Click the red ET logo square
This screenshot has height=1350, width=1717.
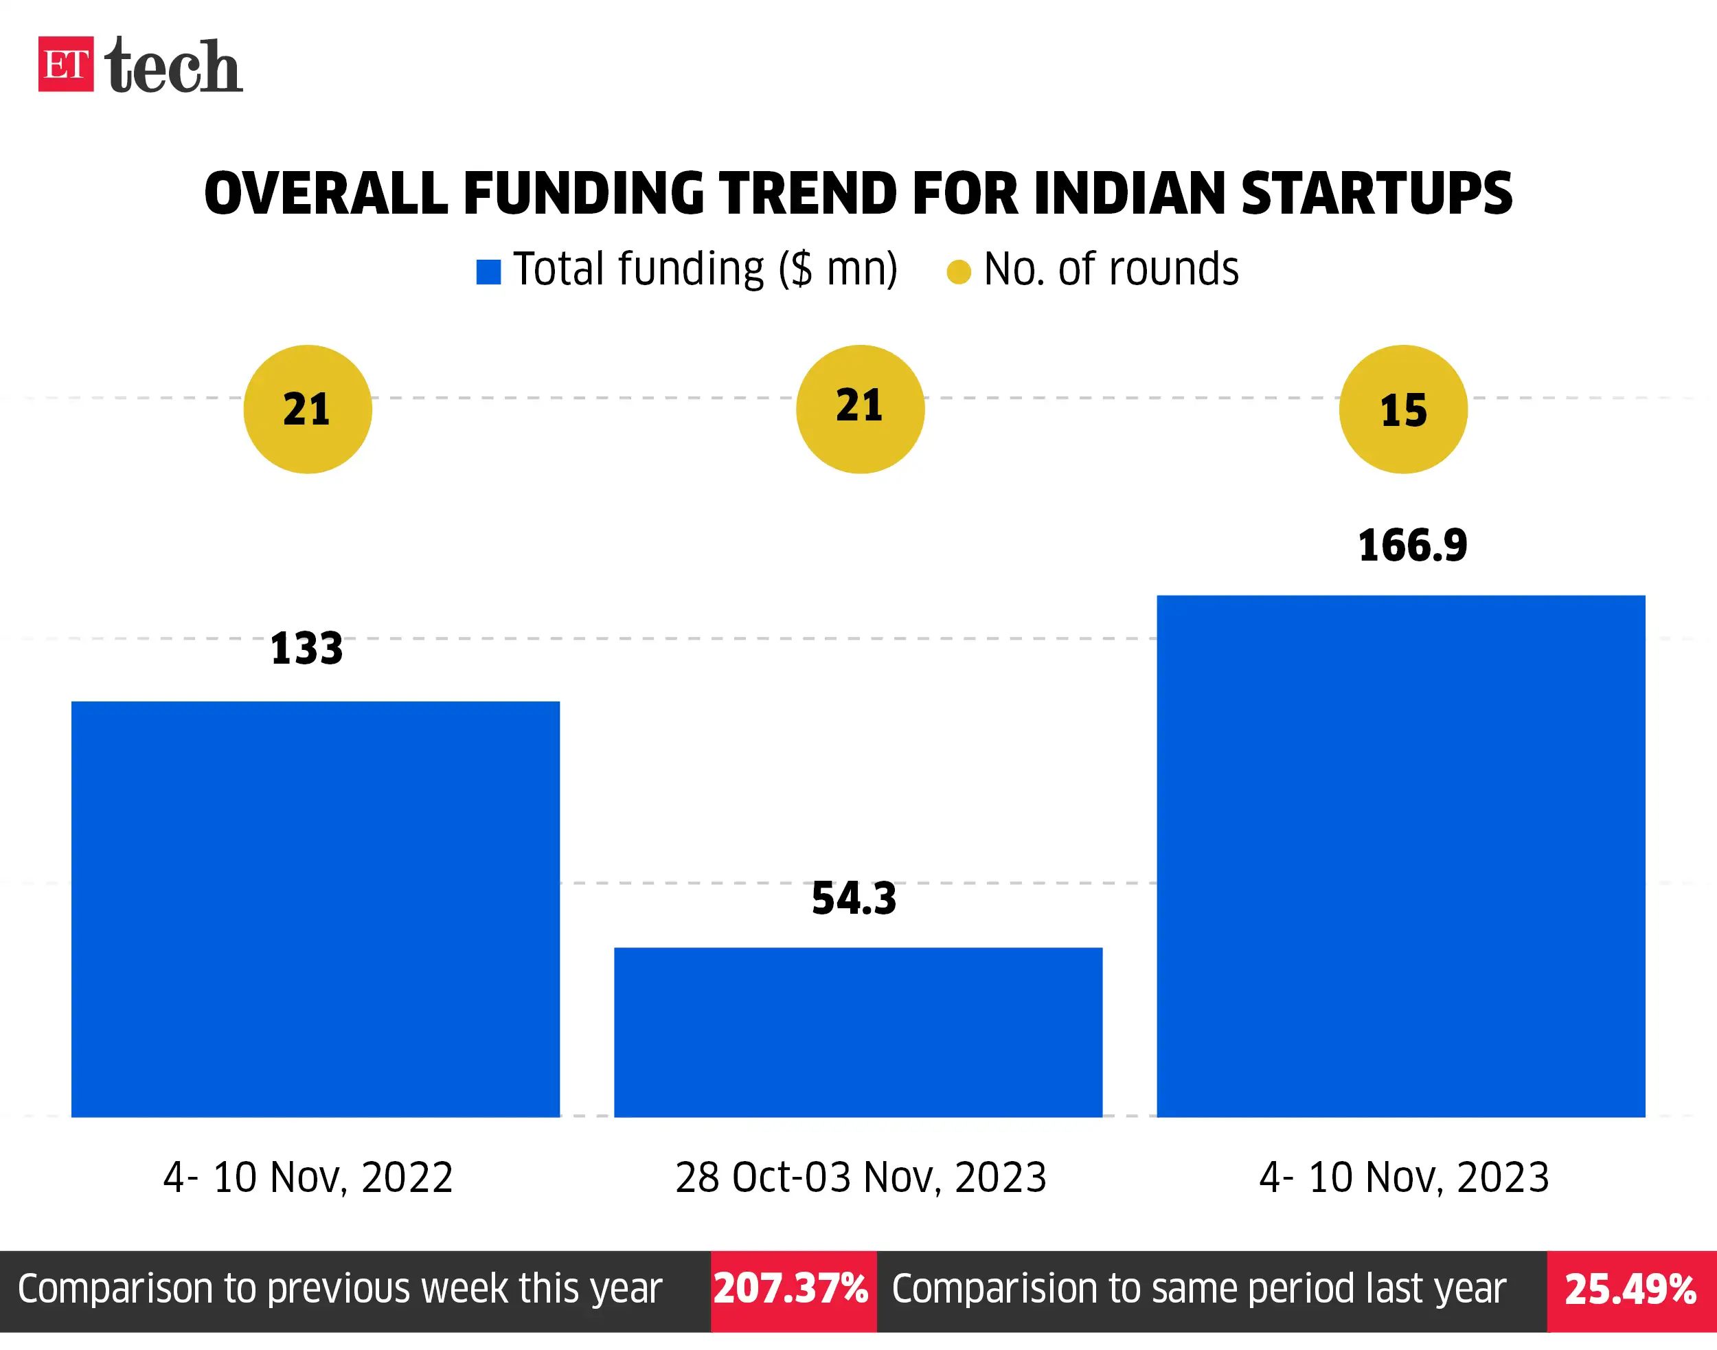[65, 64]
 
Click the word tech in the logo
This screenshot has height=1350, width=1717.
[173, 67]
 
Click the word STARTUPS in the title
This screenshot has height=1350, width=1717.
[1376, 194]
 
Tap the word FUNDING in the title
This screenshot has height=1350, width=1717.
[583, 194]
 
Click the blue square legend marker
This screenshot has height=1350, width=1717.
[488, 272]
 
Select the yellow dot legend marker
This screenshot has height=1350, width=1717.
[959, 272]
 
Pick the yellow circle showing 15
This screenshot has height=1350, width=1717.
[1402, 409]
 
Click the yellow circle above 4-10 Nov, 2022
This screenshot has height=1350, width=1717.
[308, 409]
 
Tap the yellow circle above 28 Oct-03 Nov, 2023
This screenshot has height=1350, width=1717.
[860, 409]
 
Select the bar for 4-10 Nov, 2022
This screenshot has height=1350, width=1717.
[315, 909]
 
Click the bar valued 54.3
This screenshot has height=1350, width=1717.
[858, 1031]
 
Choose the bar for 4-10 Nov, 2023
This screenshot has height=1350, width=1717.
[1401, 856]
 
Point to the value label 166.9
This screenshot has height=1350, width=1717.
[1412, 546]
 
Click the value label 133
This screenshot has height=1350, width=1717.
[306, 649]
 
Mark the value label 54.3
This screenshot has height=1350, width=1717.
[854, 899]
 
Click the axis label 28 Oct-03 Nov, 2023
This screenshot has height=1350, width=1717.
[861, 1177]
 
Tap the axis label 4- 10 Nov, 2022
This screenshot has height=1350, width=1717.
[308, 1177]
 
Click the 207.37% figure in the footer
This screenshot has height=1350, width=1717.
[792, 1289]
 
